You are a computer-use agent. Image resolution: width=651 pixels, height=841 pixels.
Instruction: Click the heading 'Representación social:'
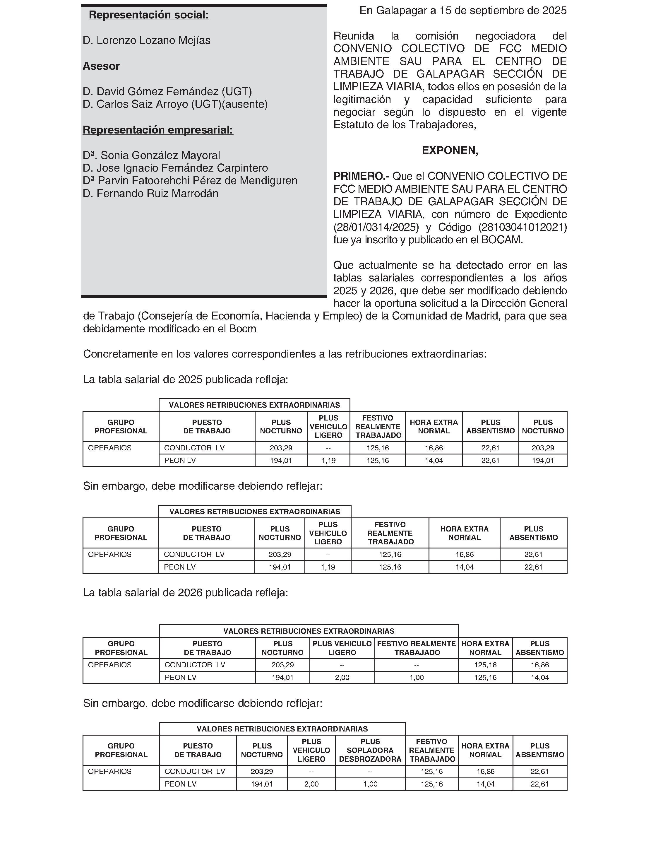pyautogui.click(x=149, y=15)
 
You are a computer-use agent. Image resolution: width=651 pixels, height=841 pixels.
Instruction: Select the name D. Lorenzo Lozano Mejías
pyautogui.click(x=146, y=40)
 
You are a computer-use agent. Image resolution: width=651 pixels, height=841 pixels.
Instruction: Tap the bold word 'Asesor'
pyautogui.click(x=101, y=66)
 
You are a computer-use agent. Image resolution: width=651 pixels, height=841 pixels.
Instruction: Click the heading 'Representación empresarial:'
pyautogui.click(x=158, y=130)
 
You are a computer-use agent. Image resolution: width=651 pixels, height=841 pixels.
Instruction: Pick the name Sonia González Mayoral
pyautogui.click(x=160, y=155)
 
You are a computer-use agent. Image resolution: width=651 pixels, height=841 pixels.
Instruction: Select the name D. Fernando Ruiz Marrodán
pyautogui.click(x=150, y=194)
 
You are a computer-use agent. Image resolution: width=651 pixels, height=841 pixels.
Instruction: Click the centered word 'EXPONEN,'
pyautogui.click(x=450, y=151)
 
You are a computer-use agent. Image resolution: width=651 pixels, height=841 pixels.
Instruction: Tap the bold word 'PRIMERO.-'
pyautogui.click(x=361, y=176)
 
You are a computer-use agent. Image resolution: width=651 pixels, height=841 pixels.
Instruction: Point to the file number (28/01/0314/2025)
pyautogui.click(x=376, y=227)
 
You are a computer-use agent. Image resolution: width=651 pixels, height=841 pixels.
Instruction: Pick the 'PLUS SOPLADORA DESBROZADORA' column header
pyautogui.click(x=370, y=750)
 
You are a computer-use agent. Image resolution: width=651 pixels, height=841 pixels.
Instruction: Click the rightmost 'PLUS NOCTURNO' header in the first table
pyautogui.click(x=543, y=427)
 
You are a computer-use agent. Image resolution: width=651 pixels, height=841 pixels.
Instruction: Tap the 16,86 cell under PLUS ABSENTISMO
pyautogui.click(x=540, y=665)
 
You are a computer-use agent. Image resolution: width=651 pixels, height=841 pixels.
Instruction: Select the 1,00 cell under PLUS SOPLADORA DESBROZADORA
pyautogui.click(x=370, y=784)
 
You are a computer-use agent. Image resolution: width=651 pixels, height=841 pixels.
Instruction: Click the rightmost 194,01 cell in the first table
pyautogui.click(x=543, y=461)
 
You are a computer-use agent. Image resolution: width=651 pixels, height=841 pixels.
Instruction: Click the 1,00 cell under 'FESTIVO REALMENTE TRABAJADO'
pyautogui.click(x=416, y=677)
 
